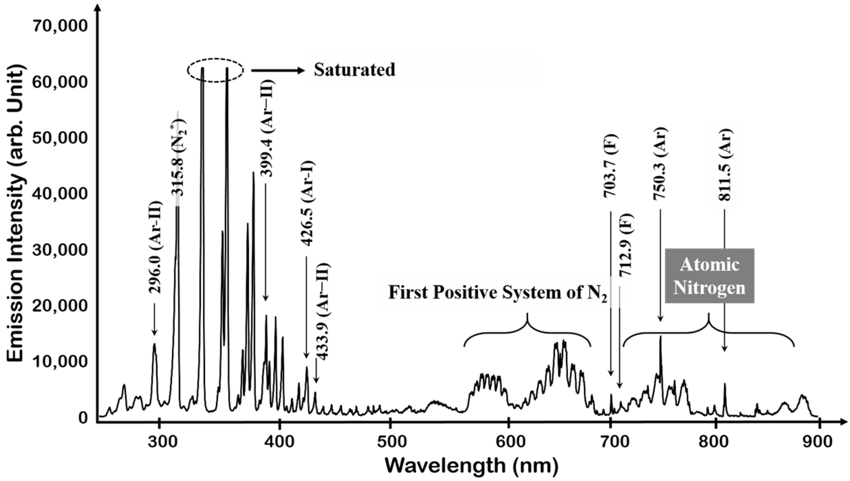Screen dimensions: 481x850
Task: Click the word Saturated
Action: coord(354,70)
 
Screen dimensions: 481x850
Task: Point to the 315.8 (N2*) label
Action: coord(178,157)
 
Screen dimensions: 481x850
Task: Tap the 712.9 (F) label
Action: coord(626,245)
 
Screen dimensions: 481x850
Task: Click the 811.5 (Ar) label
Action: coord(724,165)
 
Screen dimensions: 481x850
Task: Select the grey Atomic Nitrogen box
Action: coord(709,276)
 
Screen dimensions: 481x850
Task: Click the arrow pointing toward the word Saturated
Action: coord(277,71)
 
